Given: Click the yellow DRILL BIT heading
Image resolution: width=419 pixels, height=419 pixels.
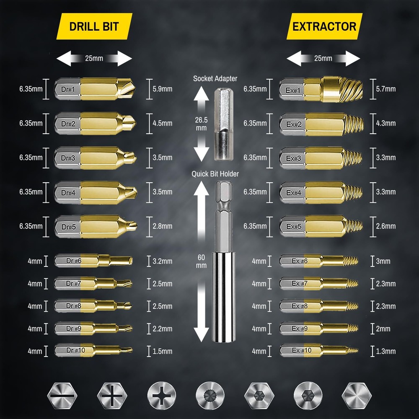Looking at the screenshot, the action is click(x=94, y=26).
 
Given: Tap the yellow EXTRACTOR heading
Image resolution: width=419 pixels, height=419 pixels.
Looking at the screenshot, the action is click(x=324, y=26).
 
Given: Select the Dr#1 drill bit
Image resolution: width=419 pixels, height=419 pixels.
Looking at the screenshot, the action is click(x=95, y=89).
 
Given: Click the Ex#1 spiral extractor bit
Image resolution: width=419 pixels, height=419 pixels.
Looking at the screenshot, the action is click(x=321, y=89).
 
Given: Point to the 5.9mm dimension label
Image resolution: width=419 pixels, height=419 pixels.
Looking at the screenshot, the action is click(x=163, y=89).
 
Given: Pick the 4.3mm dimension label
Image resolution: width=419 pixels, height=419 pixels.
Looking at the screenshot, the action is click(x=386, y=124).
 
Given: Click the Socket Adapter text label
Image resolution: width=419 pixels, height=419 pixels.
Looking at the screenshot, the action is click(x=215, y=79).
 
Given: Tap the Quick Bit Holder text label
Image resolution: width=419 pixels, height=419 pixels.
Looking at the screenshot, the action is click(x=215, y=174).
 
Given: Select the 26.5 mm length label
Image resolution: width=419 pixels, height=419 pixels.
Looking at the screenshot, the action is click(x=201, y=124).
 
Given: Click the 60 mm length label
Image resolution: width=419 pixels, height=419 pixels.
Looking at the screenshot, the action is click(x=201, y=261).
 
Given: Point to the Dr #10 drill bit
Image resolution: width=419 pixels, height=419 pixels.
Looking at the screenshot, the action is click(x=93, y=350).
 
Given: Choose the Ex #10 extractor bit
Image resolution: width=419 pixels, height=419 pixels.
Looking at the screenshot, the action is click(x=319, y=350).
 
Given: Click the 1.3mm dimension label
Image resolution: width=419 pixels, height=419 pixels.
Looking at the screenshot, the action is click(x=386, y=352).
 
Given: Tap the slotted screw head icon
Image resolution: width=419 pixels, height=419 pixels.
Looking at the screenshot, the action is click(x=62, y=396).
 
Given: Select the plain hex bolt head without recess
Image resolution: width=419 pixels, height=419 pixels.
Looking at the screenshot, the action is click(x=357, y=396).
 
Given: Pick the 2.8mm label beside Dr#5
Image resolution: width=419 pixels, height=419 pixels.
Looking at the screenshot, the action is click(x=163, y=226).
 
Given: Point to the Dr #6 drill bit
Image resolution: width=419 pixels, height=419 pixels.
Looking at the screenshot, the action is click(x=93, y=261).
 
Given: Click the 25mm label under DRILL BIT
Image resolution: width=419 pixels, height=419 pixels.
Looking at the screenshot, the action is click(x=94, y=58).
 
